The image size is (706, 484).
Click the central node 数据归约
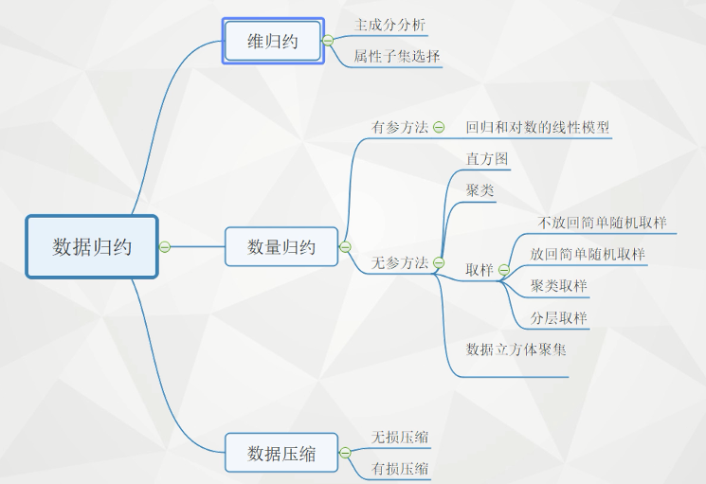point(92,247)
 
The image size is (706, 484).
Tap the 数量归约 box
point(281,247)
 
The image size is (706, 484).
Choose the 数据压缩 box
point(281,454)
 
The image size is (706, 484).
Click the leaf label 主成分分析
point(384,24)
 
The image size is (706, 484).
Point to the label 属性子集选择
point(396,56)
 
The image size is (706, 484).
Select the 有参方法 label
point(400,127)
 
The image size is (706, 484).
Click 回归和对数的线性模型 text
point(537,127)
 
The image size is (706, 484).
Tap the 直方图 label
point(487,159)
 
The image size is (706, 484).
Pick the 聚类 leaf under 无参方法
point(480,190)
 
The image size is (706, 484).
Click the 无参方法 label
point(400,262)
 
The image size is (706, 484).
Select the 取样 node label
point(480,270)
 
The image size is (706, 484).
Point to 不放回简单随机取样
point(602,223)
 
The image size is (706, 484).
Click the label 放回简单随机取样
point(588,254)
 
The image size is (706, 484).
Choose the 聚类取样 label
point(559,286)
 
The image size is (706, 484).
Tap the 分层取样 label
point(559,317)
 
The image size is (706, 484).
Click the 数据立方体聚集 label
point(516,350)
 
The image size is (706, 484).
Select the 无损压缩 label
point(400,437)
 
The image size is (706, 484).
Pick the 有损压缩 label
point(400,468)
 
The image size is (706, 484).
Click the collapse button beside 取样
point(504,270)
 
